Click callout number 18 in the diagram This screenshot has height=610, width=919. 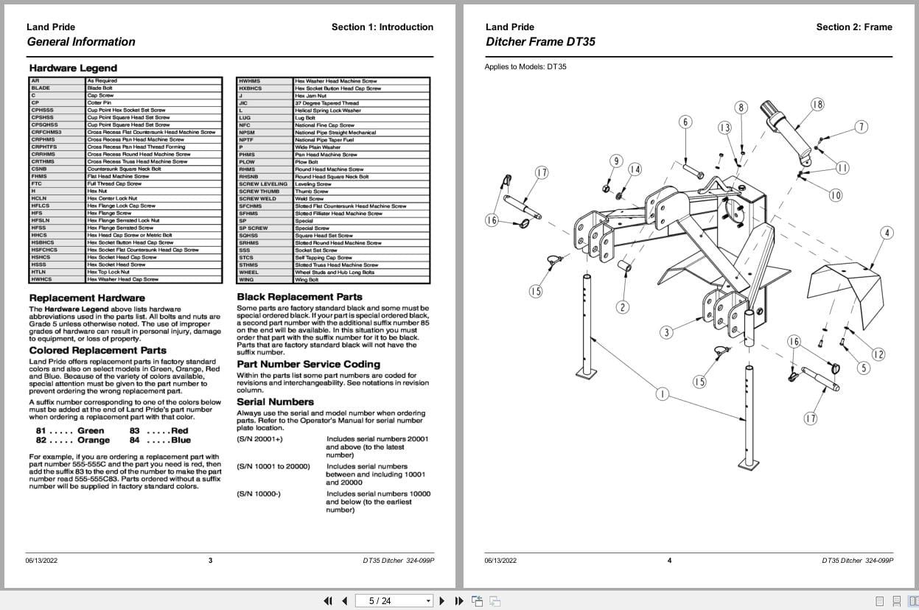[817, 104]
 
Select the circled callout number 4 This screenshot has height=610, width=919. [887, 233]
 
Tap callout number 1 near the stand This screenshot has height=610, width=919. [662, 394]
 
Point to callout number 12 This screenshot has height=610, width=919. [878, 354]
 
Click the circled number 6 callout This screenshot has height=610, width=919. [685, 122]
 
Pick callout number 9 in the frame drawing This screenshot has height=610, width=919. [616, 161]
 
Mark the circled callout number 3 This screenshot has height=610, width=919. [667, 332]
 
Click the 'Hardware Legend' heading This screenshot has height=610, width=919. [73, 68]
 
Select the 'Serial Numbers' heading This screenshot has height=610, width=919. [275, 402]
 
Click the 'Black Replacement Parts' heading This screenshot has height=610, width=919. [299, 297]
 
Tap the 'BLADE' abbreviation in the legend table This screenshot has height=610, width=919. [41, 88]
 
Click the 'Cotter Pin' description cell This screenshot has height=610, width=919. [99, 102]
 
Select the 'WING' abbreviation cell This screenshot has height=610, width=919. [247, 279]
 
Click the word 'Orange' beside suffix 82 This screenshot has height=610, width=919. [93, 441]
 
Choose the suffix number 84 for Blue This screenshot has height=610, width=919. [134, 441]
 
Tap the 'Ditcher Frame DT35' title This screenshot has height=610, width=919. [540, 42]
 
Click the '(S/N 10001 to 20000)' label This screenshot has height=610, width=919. [273, 466]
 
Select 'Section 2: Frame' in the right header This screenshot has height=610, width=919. [853, 27]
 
